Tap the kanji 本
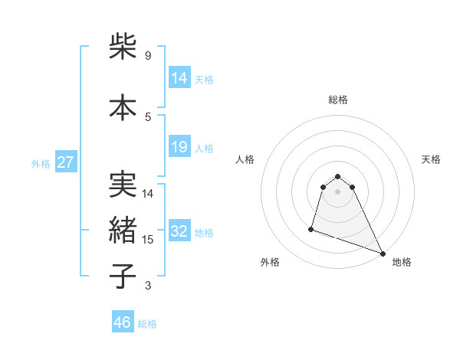click(x=123, y=108)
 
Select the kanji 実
click(x=123, y=185)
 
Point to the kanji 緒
click(x=123, y=231)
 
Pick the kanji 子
click(x=123, y=277)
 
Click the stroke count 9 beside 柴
click(x=147, y=56)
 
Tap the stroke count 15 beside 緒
click(x=149, y=240)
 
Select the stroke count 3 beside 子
click(x=147, y=286)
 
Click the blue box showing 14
click(x=179, y=78)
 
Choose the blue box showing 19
click(x=179, y=147)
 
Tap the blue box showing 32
click(x=179, y=231)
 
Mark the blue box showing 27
click(x=65, y=162)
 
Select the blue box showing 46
click(x=123, y=322)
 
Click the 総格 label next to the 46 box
click(x=147, y=324)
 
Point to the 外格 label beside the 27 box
click(x=41, y=163)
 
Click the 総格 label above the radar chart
click(x=337, y=100)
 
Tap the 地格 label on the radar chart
click(x=402, y=262)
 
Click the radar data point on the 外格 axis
click(x=311, y=228)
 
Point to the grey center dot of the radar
click(x=337, y=202)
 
